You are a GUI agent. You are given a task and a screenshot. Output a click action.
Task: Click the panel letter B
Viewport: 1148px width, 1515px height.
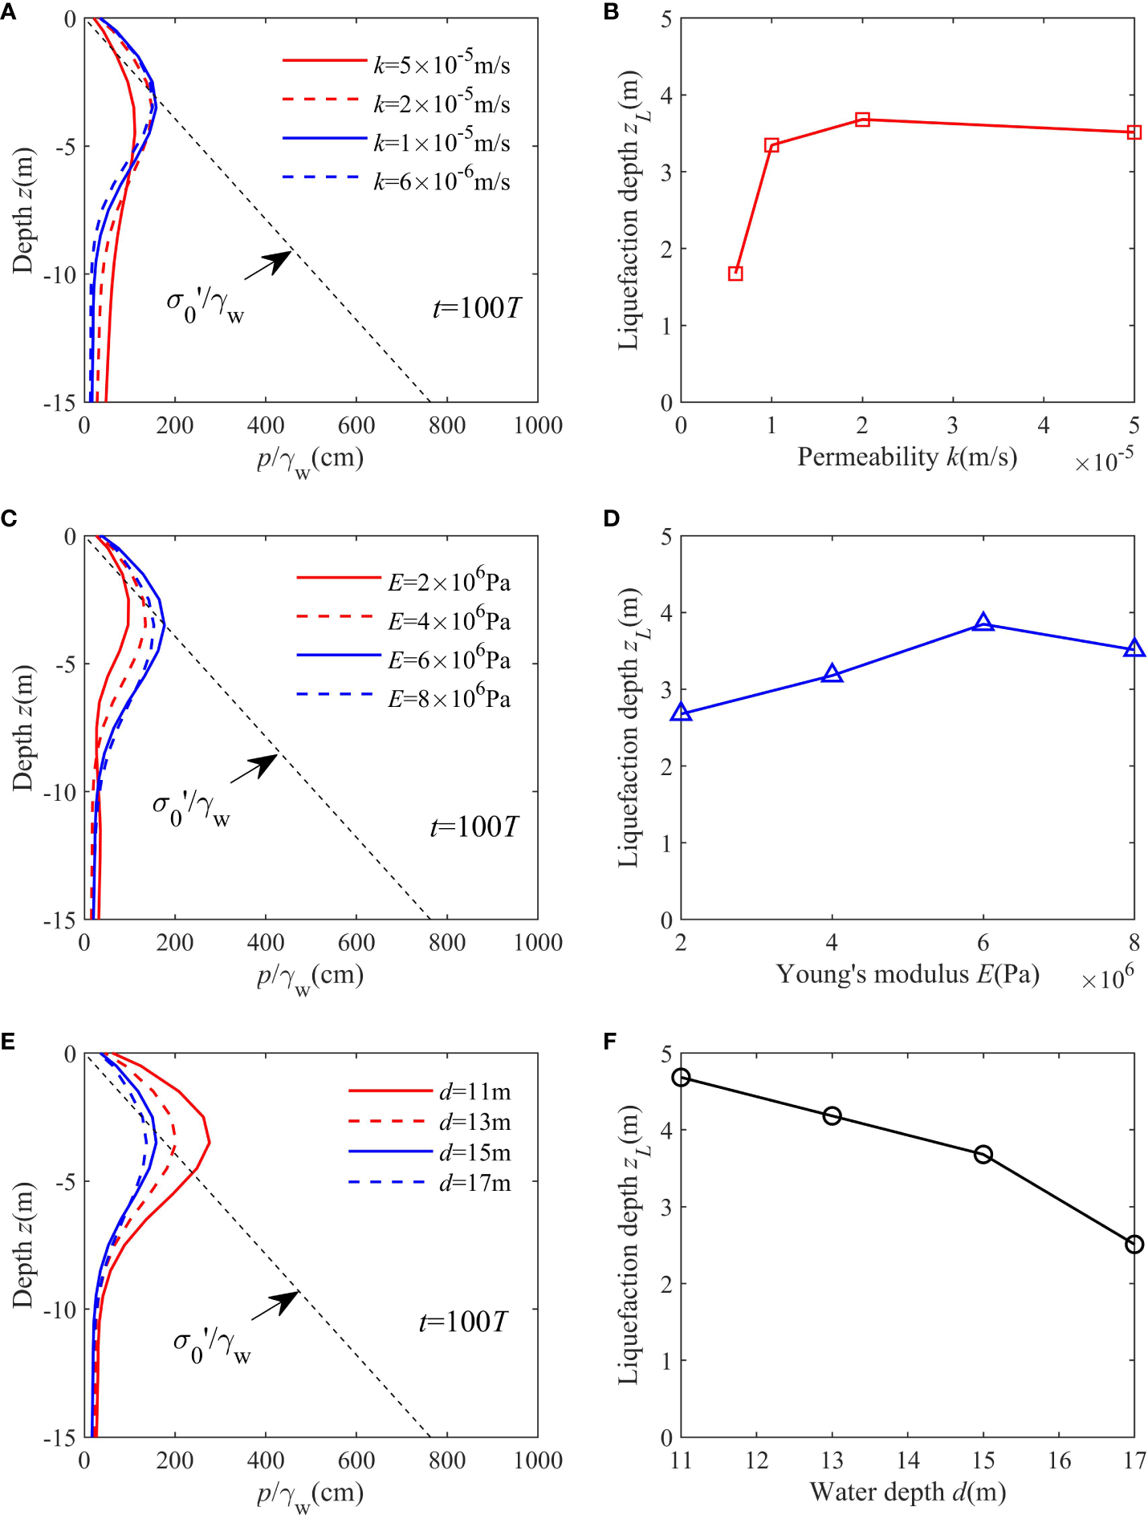click(611, 12)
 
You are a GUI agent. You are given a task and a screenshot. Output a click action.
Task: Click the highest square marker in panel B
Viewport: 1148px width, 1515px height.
click(862, 120)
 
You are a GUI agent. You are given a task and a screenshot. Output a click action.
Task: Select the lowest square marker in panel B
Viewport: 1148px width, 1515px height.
click(735, 274)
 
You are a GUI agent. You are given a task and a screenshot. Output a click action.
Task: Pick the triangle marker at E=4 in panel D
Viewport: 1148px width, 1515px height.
click(833, 675)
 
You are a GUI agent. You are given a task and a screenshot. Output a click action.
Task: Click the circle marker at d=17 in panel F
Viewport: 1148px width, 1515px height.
click(1134, 1245)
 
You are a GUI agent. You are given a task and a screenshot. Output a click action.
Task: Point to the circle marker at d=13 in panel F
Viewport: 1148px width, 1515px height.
click(833, 1116)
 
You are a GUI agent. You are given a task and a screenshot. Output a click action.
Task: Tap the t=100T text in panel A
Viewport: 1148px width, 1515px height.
click(477, 308)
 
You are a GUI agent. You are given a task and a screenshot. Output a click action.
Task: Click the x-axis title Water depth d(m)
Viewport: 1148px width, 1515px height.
click(907, 1492)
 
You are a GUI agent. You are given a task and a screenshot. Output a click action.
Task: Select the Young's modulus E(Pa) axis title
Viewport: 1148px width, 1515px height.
click(907, 974)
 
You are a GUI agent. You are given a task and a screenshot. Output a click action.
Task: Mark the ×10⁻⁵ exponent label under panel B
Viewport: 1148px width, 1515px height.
click(1105, 461)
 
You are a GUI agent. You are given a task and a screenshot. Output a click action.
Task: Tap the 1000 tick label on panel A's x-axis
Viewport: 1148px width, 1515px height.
click(537, 426)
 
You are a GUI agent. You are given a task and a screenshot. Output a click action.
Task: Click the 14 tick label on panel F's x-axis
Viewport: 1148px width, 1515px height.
click(908, 1460)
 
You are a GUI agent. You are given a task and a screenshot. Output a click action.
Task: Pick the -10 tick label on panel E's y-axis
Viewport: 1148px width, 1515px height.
click(59, 1310)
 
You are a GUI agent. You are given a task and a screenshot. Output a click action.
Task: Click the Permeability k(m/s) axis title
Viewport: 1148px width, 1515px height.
click(907, 457)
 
